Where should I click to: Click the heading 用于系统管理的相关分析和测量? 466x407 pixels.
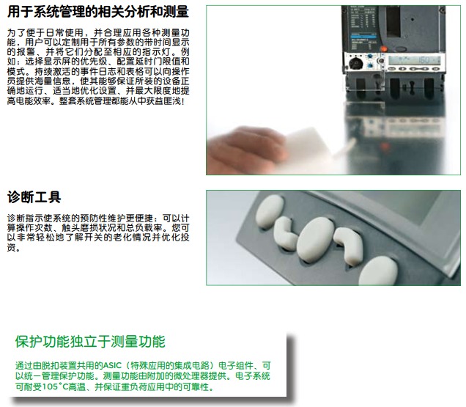(98, 12)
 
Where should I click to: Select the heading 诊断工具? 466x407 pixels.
(34, 197)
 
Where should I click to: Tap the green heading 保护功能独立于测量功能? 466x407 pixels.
(90, 342)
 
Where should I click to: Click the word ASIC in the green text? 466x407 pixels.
(112, 366)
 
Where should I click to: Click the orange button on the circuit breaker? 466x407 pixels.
(384, 49)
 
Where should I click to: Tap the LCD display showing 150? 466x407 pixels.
(415, 60)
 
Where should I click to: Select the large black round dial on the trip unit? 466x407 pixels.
(355, 63)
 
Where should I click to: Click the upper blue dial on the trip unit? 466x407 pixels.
(370, 56)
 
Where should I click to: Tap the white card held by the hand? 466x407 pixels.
(306, 146)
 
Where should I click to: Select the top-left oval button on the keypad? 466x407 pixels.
(270, 211)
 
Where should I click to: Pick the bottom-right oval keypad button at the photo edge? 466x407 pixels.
(378, 271)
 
